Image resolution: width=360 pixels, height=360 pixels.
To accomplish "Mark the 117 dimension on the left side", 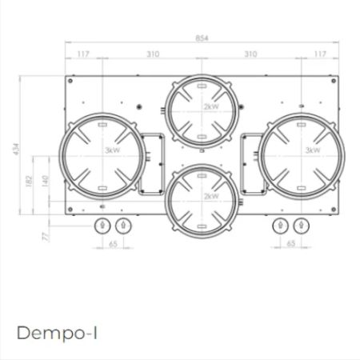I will pyautogui.click(x=83, y=54).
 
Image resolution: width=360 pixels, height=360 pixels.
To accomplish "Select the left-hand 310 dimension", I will pyautogui.click(x=153, y=54).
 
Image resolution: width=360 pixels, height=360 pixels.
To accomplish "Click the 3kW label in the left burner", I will pyautogui.click(x=110, y=150).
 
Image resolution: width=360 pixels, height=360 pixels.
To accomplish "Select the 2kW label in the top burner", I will pyautogui.click(x=210, y=106).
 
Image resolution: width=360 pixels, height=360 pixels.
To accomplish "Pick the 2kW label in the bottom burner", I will pyautogui.click(x=210, y=195).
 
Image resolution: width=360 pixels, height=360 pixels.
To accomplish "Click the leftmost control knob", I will pyautogui.click(x=102, y=226).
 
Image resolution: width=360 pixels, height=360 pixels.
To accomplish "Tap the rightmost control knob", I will pyautogui.click(x=301, y=226).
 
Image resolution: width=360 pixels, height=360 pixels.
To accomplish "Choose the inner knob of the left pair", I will pyautogui.click(x=122, y=226).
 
